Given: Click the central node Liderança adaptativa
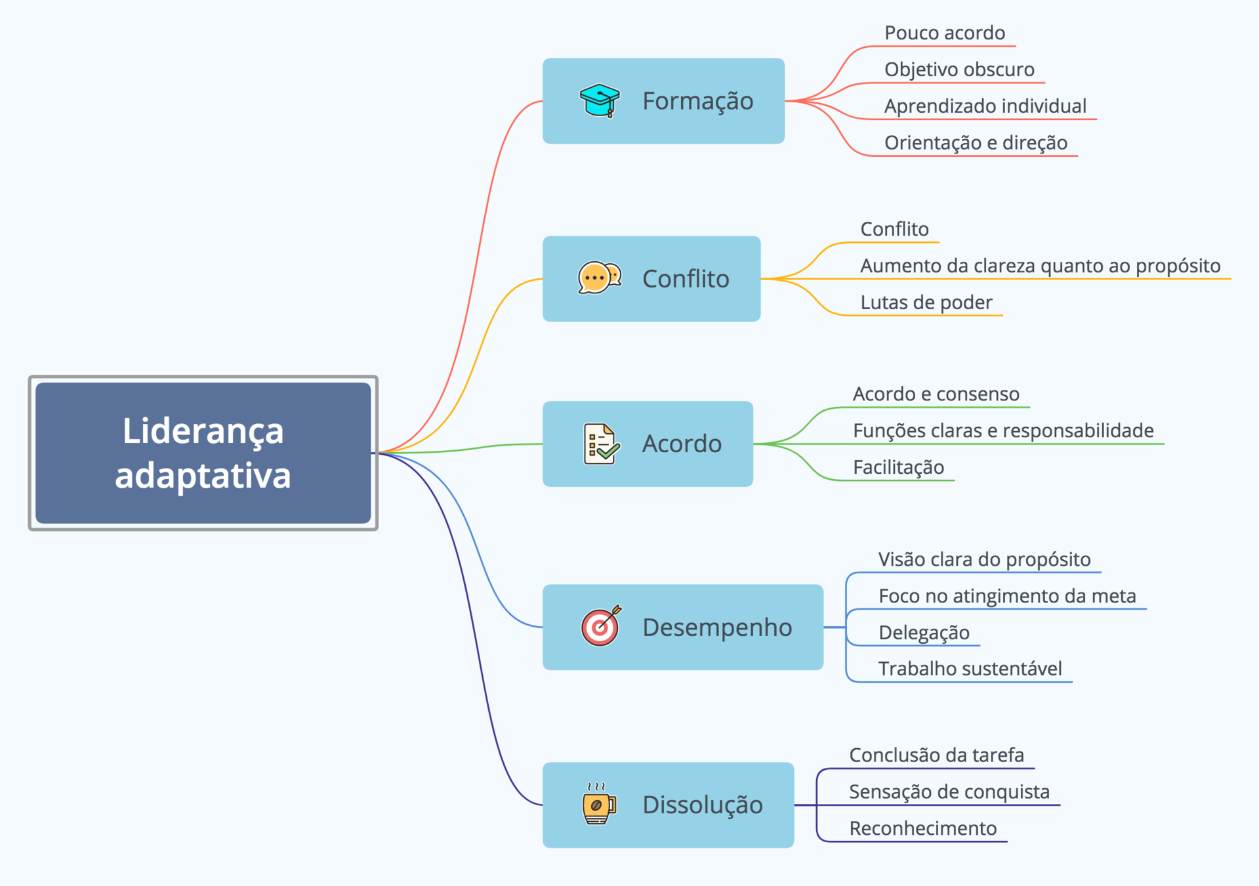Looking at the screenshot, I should [x=203, y=453].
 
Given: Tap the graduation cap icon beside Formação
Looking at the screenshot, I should [x=600, y=100].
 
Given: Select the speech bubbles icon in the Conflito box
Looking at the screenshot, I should [x=599, y=278].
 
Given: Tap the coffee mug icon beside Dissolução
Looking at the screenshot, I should [x=598, y=803].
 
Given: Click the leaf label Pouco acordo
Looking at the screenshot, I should [x=944, y=33].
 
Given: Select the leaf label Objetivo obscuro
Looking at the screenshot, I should [x=959, y=70].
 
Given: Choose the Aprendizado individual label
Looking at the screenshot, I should [x=985, y=106].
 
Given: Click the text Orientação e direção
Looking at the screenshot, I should [x=976, y=143].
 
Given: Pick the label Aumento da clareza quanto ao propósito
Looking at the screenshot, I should [x=1040, y=266].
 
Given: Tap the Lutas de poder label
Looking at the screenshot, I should [x=926, y=303].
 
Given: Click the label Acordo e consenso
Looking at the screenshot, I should [x=936, y=394].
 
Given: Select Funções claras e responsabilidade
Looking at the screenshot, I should [x=1002, y=431].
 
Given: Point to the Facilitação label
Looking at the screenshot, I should [x=898, y=467].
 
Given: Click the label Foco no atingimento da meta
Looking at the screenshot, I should [x=1006, y=596].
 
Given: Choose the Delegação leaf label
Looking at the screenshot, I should [x=924, y=633].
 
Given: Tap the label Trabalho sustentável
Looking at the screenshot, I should [x=970, y=669].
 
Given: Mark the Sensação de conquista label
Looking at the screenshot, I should [x=949, y=792].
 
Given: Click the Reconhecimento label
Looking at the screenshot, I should [x=922, y=829].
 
